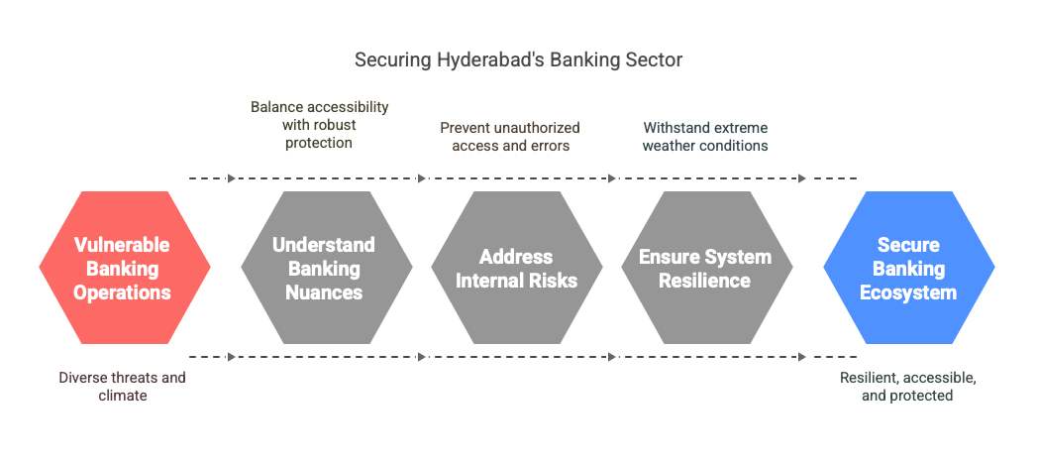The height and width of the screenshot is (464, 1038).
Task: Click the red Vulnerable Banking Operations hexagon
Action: pos(125,268)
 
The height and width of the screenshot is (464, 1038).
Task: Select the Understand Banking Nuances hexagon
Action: pos(327,268)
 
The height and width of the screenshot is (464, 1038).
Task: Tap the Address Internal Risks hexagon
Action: pos(517,268)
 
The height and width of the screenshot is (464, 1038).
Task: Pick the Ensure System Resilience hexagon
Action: pos(706,268)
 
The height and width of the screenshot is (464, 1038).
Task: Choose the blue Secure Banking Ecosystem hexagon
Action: pos(909,268)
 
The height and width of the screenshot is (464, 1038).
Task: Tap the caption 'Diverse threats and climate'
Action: pos(123,387)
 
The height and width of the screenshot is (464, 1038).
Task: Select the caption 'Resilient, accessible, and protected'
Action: pos(907,387)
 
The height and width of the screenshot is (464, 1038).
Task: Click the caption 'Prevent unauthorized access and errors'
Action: pos(510,137)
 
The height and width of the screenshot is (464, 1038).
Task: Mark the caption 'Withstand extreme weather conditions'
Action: pos(705,137)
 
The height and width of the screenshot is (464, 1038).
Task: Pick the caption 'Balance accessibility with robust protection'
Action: pos(319,125)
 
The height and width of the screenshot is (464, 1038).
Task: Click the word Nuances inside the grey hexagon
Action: pos(324,292)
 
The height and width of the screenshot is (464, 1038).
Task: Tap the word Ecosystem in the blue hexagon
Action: pos(908,292)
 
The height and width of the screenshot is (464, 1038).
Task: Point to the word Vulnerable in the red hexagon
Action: pos(122,245)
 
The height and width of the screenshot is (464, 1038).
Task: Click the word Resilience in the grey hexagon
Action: pos(705,280)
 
